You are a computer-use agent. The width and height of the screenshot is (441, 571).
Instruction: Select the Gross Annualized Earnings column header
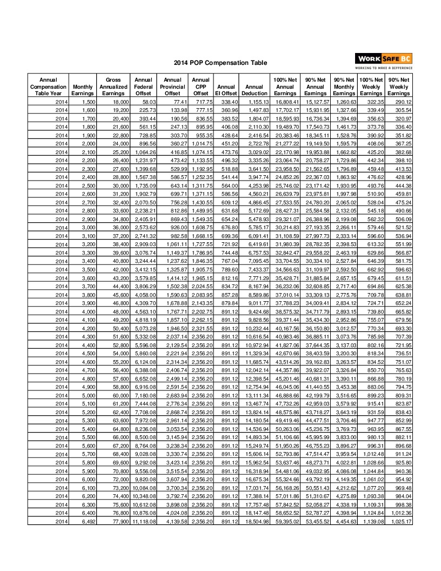pos(113,87)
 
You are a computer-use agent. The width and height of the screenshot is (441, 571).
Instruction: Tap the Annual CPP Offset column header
pos(201,87)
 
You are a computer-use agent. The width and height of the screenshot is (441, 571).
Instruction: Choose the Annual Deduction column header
pos(254,90)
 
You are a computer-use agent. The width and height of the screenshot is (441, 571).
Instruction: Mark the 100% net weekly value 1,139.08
pos(373,521)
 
